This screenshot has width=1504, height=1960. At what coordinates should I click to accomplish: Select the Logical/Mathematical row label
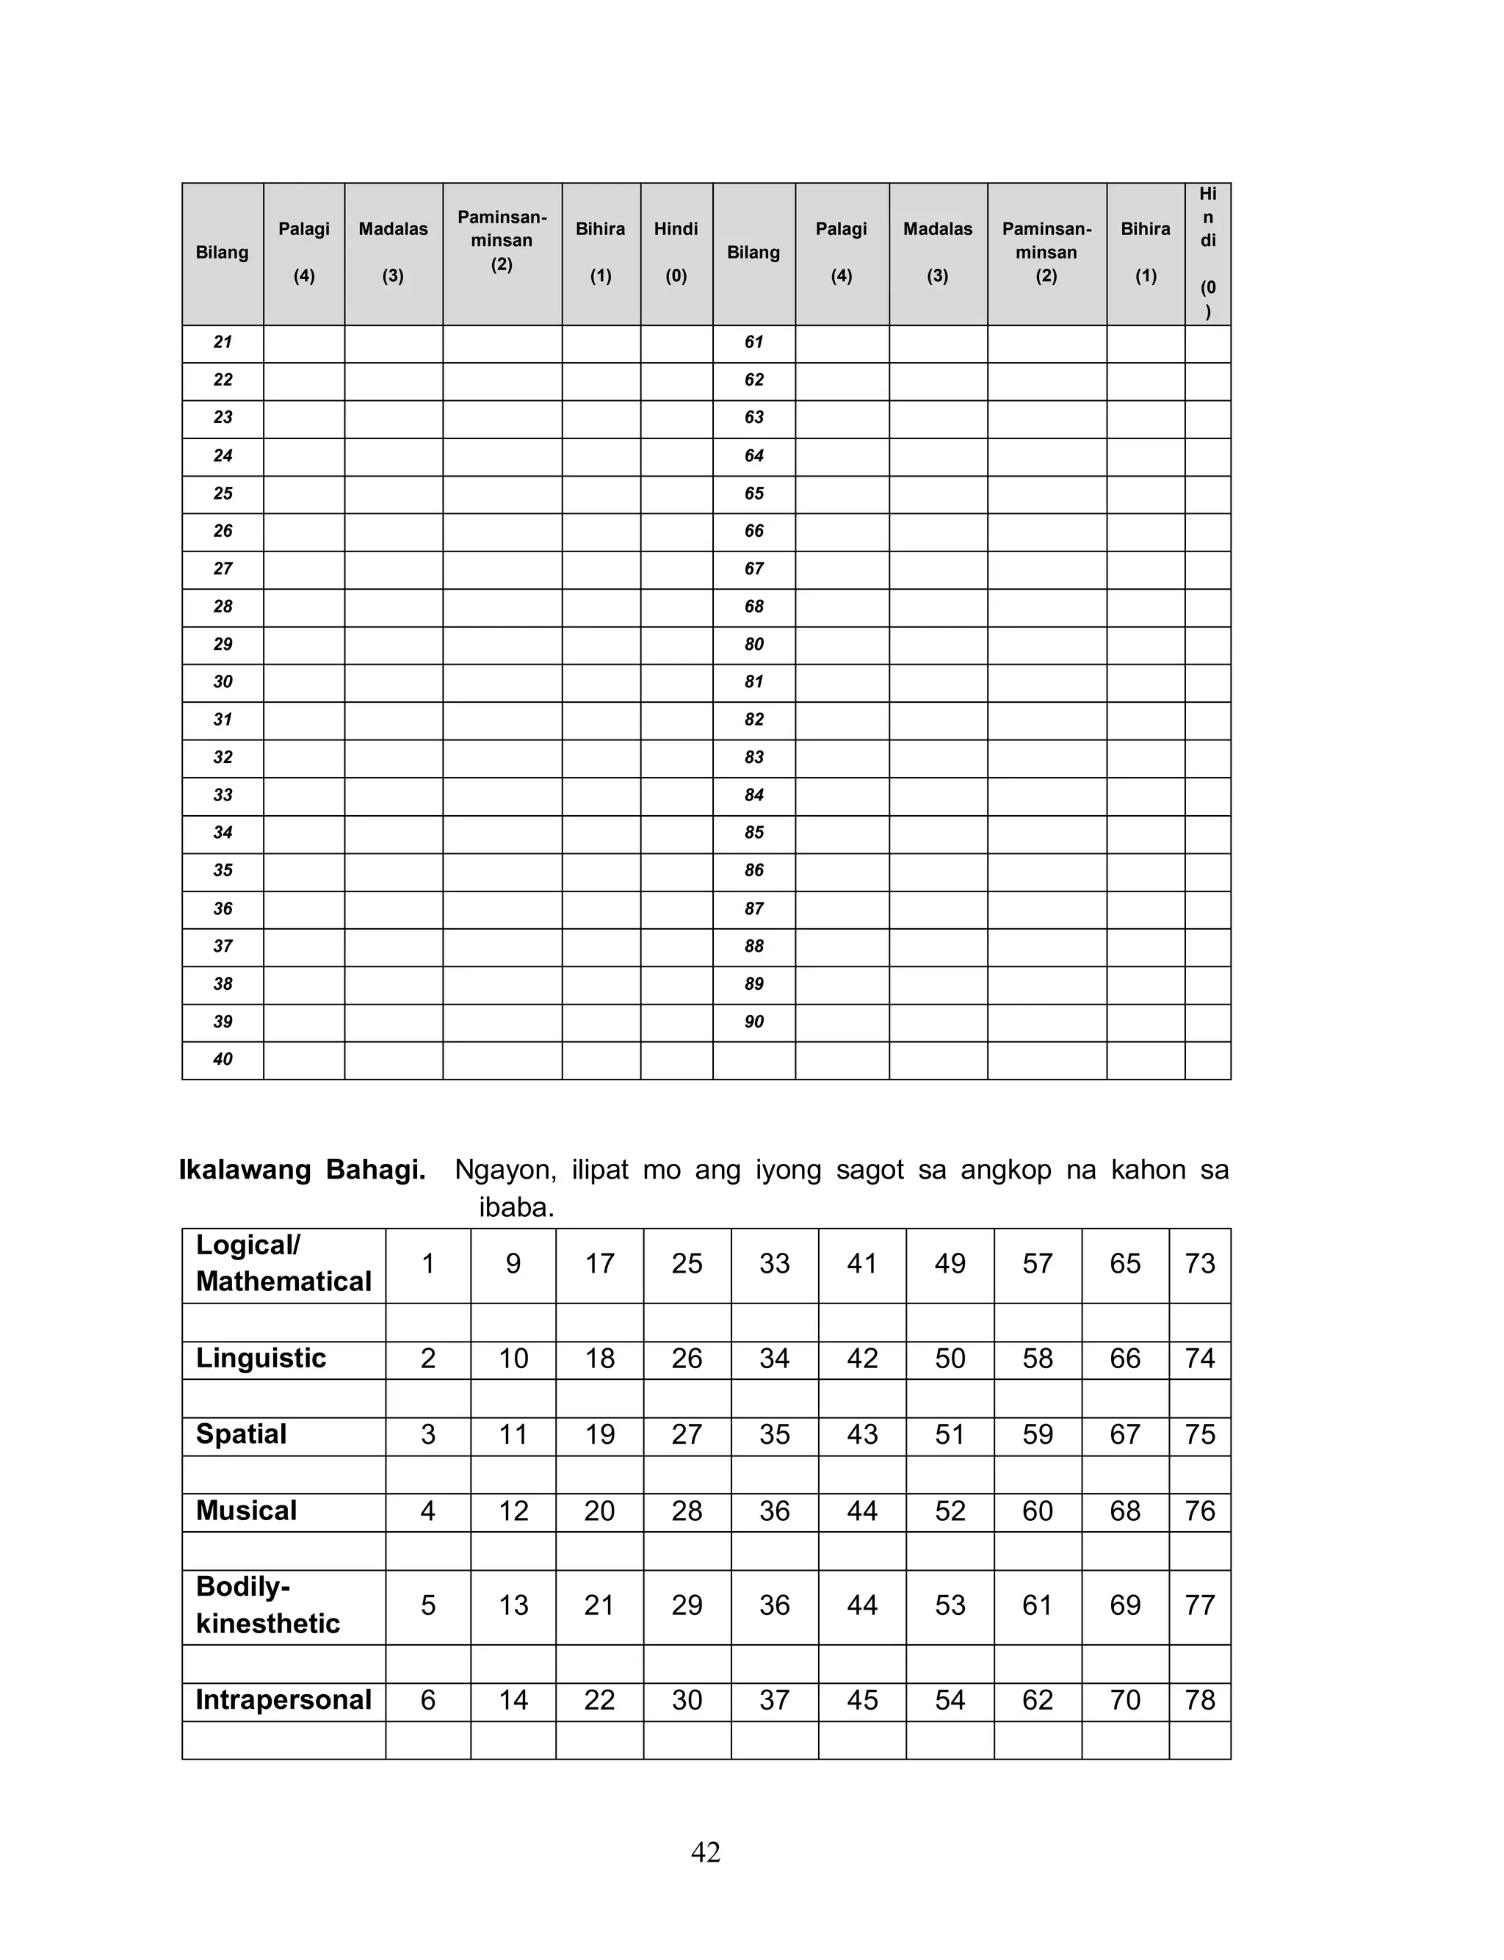[283, 1263]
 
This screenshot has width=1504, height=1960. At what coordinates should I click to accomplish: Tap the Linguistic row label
[261, 1358]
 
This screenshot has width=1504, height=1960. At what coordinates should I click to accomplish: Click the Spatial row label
[241, 1433]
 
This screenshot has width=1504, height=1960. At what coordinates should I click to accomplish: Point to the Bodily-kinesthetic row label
[267, 1605]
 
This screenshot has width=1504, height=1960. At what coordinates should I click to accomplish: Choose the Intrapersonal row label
[283, 1699]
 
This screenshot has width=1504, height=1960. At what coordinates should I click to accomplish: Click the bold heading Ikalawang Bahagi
[302, 1170]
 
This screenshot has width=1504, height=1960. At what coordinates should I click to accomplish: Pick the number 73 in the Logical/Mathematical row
[1200, 1264]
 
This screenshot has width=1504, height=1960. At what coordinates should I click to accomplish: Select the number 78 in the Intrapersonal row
[1200, 1699]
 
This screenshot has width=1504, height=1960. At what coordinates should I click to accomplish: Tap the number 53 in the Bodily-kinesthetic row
[950, 1605]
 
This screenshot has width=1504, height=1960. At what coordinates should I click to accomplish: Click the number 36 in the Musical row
[774, 1511]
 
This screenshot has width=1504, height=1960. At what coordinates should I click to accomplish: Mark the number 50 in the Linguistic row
[950, 1358]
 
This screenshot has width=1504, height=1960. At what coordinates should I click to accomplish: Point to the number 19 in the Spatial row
[599, 1433]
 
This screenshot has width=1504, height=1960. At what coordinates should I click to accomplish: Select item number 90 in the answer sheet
[753, 1022]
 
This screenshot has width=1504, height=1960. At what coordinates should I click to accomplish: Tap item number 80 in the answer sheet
[753, 644]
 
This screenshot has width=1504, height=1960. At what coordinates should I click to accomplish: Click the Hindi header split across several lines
[1207, 253]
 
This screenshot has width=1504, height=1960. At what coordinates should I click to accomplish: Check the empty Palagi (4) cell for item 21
[303, 343]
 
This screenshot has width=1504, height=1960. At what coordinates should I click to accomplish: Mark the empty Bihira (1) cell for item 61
[1145, 343]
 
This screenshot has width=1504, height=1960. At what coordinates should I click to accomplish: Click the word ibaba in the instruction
[516, 1207]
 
